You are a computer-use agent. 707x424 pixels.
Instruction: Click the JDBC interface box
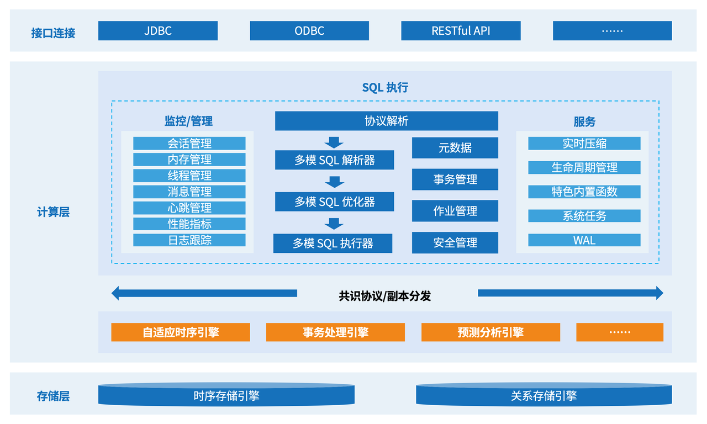pyautogui.click(x=158, y=31)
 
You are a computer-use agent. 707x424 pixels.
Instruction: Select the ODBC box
pyautogui.click(x=309, y=31)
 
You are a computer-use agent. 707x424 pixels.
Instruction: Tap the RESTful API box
pyautogui.click(x=461, y=31)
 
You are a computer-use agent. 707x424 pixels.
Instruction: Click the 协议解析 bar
pyautogui.click(x=387, y=121)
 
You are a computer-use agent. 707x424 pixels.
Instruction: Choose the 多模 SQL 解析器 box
pyautogui.click(x=335, y=160)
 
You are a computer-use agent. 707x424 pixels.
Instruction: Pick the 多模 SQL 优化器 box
pyautogui.click(x=335, y=202)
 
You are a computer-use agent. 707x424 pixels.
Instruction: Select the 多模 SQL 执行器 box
pyautogui.click(x=333, y=243)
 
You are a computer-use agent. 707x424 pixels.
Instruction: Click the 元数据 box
pyautogui.click(x=455, y=148)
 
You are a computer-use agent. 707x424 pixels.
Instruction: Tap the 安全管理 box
pyautogui.click(x=455, y=242)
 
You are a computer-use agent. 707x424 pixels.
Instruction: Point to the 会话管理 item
pyautogui.click(x=189, y=144)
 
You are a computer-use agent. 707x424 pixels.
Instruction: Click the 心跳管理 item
pyautogui.click(x=189, y=208)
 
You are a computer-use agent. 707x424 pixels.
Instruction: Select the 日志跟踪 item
pyautogui.click(x=189, y=240)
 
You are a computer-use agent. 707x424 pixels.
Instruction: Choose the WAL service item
pyautogui.click(x=584, y=240)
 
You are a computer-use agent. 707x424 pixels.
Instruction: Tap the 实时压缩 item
pyautogui.click(x=584, y=144)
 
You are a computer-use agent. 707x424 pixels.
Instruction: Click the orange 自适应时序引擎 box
pyautogui.click(x=181, y=332)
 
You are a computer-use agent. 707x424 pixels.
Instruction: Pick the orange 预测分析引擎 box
pyautogui.click(x=490, y=332)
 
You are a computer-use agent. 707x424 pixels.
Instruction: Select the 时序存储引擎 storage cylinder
pyautogui.click(x=226, y=395)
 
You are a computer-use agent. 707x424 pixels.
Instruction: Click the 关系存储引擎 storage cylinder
pyautogui.click(x=544, y=395)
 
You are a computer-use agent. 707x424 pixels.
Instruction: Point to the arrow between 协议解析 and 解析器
pyautogui.click(x=334, y=142)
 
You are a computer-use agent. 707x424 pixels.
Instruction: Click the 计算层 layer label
pyautogui.click(x=54, y=212)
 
